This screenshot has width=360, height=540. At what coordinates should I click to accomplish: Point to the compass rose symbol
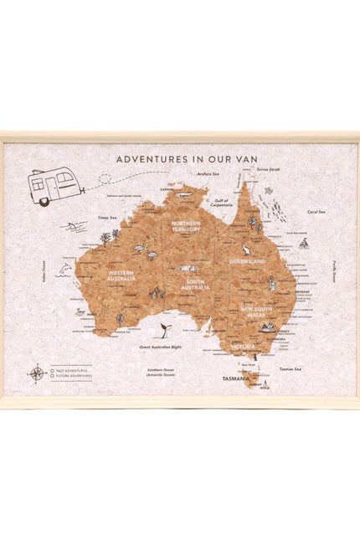(x=38, y=373)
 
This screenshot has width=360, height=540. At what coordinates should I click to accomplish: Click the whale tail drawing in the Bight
(x=165, y=331)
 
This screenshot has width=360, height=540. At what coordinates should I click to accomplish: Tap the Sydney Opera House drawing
(x=267, y=327)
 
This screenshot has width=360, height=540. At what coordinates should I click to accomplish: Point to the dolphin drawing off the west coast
(x=65, y=270)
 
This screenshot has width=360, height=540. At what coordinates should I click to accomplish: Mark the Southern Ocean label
(x=160, y=371)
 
